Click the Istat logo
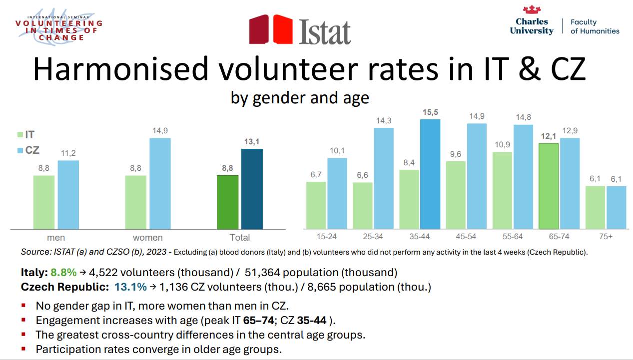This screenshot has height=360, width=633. (300, 30)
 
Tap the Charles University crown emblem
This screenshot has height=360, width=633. (532, 9)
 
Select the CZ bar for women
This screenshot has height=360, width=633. (160, 184)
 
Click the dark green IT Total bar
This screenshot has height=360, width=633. (227, 202)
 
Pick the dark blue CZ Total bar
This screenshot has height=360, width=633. (252, 189)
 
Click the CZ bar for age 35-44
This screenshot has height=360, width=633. (430, 174)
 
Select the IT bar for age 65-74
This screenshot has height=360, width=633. (549, 186)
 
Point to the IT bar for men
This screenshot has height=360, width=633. (44, 202)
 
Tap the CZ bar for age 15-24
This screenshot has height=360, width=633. (337, 193)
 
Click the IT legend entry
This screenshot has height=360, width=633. (26, 135)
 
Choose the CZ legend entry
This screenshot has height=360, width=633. (28, 150)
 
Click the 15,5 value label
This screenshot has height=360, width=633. (430, 112)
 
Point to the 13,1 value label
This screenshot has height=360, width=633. (251, 142)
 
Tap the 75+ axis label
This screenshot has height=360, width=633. (606, 237)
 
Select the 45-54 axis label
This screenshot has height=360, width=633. (466, 237)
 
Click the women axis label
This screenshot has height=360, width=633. (148, 238)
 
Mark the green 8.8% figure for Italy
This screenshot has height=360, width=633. (63, 273)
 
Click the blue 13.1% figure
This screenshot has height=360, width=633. (130, 287)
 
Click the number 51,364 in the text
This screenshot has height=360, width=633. (262, 273)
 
